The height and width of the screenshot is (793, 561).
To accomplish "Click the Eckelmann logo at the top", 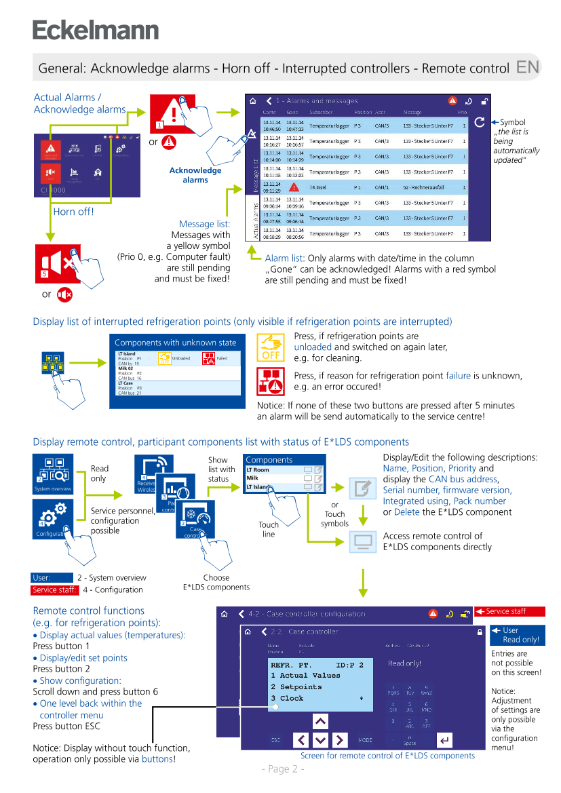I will pos(96,31).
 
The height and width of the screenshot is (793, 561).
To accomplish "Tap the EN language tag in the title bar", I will pos(528,67).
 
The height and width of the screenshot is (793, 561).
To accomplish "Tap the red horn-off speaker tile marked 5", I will pos(58,264).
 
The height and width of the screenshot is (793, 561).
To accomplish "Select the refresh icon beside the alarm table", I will pos(480,122).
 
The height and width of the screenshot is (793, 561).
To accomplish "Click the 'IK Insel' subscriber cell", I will pos(319,187).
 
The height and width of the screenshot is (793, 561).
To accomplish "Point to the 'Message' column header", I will pos(412,112).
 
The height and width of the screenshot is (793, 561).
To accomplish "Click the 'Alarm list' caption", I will pos(284,258).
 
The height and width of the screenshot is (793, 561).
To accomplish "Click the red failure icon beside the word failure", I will pos(271,382).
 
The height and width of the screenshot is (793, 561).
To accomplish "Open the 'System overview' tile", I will pos(53,473).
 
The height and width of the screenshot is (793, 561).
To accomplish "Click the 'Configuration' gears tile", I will pos(53,519).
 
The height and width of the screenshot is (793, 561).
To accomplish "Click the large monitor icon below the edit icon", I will pos(363,541).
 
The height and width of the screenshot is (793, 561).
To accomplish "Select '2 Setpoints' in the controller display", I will pos(296,686).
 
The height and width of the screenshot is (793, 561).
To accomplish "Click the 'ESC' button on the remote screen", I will pos(275,740).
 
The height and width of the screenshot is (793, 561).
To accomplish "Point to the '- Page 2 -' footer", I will pos(283,769).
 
